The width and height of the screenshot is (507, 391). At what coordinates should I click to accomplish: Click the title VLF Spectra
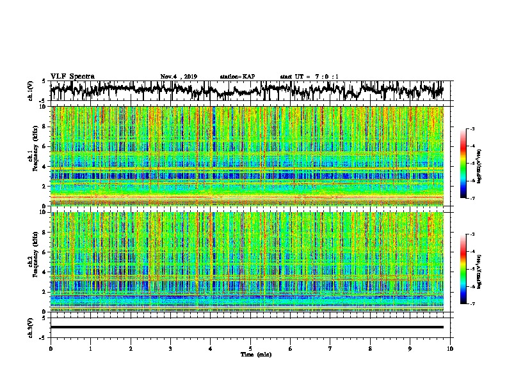[72, 76]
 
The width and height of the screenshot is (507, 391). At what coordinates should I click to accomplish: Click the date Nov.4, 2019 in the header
[179, 77]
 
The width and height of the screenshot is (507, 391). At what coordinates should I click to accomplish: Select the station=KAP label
[237, 77]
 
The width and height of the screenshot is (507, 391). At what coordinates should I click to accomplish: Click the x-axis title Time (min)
[255, 354]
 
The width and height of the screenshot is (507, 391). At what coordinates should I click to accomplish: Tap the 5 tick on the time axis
[250, 348]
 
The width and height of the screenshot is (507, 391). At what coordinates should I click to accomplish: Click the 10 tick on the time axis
[450, 348]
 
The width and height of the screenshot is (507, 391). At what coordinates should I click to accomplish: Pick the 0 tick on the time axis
[51, 348]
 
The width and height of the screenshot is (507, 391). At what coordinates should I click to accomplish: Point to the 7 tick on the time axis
[330, 348]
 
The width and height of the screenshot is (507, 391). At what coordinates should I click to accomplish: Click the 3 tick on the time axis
[170, 348]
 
